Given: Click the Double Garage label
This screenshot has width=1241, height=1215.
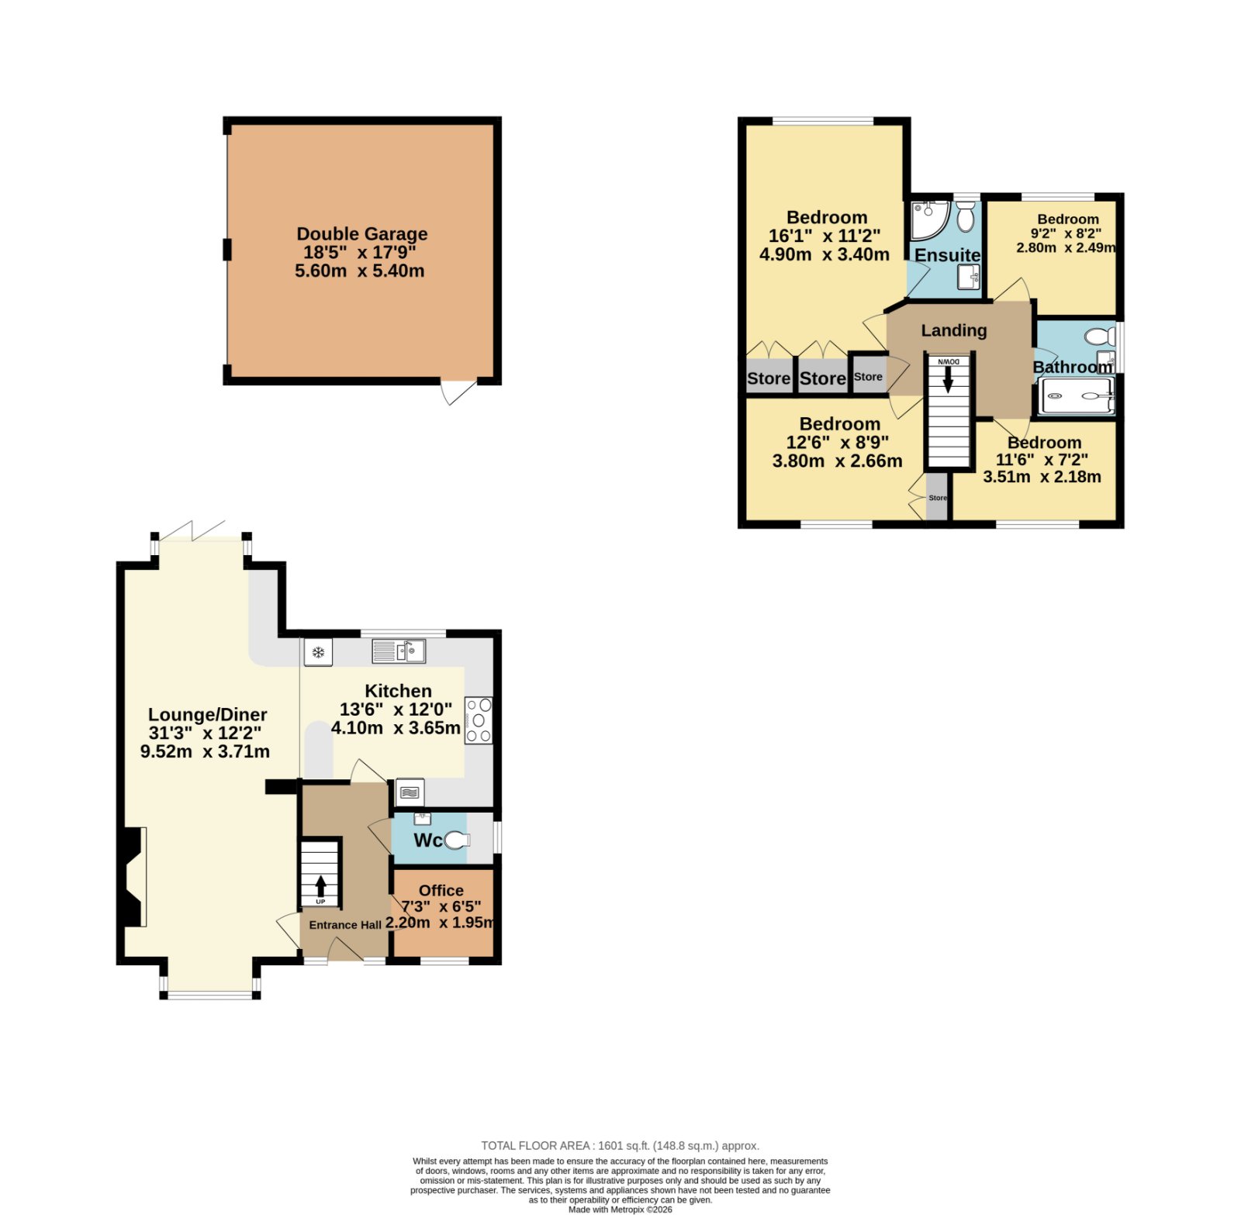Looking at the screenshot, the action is (362, 233).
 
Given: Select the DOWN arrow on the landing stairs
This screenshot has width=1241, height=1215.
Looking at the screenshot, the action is (948, 379).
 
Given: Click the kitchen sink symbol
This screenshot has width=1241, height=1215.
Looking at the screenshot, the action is (399, 651).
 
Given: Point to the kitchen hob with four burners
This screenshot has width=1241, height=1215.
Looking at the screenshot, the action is (479, 720).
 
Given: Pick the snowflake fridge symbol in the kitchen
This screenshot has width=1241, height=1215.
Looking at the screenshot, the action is (318, 652).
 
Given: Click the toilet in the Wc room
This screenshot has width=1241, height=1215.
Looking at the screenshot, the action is (457, 840).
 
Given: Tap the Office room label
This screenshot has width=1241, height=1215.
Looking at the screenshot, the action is (441, 890).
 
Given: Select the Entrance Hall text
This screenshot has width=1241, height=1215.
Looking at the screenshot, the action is (345, 925).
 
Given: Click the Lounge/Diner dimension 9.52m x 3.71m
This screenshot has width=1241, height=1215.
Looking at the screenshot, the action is (206, 751).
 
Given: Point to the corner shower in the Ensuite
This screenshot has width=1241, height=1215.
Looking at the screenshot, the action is (929, 220).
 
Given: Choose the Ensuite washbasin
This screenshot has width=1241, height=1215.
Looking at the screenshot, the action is (969, 276).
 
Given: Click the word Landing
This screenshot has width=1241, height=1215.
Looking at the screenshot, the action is (954, 330).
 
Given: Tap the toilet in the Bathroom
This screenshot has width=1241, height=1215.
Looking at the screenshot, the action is (1100, 337).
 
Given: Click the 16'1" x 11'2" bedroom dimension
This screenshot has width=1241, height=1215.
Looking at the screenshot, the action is (824, 236).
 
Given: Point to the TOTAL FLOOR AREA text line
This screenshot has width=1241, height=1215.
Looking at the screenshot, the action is (620, 1145).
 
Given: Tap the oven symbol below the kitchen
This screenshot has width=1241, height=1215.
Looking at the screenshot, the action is (410, 792).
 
